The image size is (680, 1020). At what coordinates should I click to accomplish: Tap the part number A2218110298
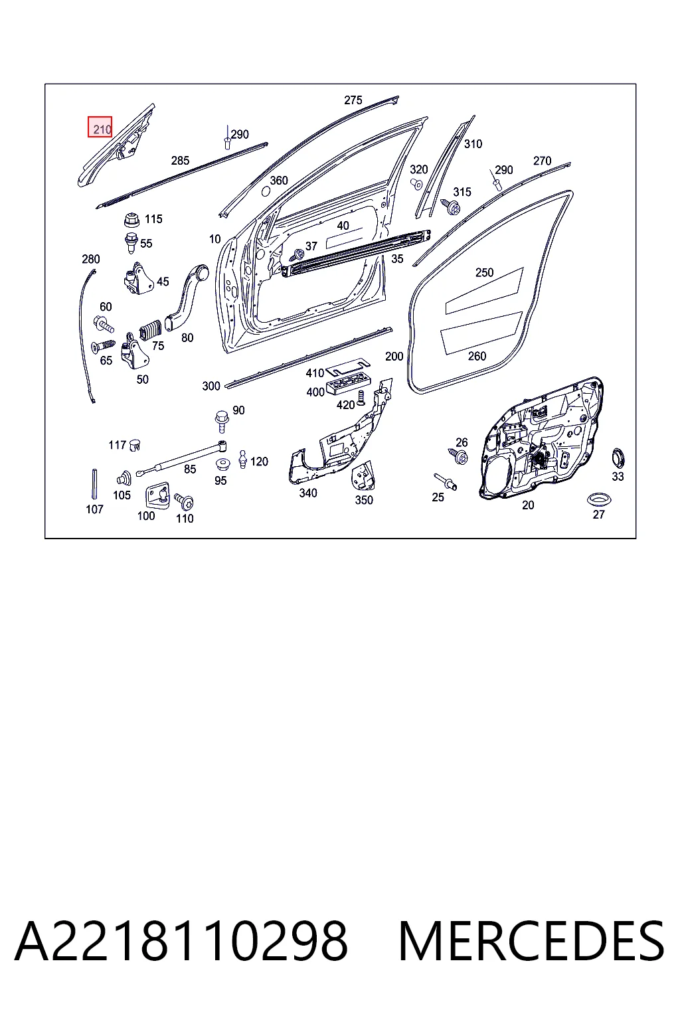[182, 941]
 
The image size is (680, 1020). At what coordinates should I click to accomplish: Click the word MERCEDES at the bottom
[531, 941]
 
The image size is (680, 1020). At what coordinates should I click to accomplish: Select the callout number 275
[353, 100]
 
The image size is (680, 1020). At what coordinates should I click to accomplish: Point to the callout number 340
[308, 493]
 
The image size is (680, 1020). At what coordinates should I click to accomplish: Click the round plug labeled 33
[618, 458]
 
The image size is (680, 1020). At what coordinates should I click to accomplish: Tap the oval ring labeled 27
[599, 499]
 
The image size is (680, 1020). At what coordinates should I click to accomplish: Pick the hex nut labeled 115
[131, 220]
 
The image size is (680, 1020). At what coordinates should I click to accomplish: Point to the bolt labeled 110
[184, 502]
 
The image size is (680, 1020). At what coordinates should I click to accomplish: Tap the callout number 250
[484, 272]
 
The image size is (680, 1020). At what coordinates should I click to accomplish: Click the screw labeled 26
[458, 456]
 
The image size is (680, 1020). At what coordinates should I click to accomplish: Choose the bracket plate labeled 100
[157, 495]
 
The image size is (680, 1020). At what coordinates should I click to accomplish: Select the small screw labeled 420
[361, 398]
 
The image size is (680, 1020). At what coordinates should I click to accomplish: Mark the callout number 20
[528, 505]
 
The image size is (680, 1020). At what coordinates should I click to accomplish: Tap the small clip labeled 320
[416, 184]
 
